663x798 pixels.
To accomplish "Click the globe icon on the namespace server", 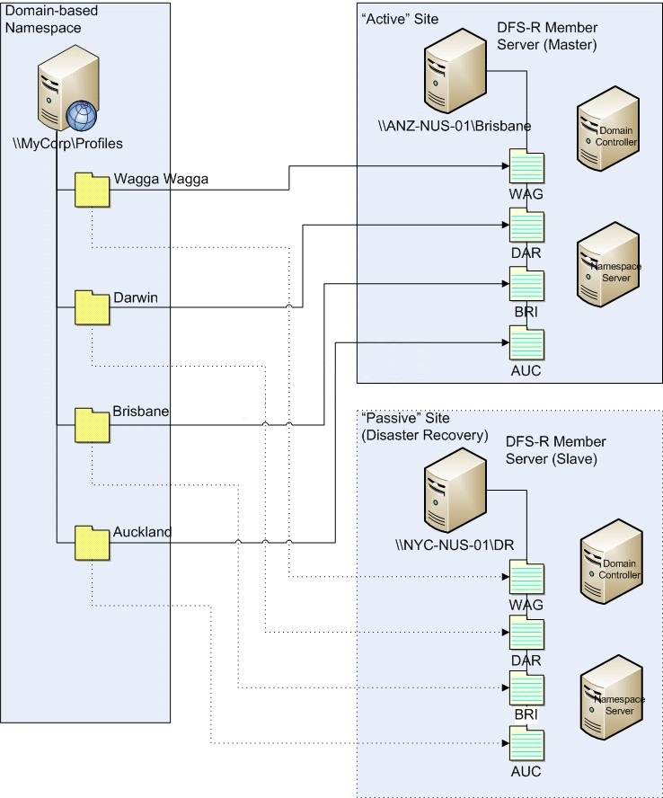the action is (x=82, y=116).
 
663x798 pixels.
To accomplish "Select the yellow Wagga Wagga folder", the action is (x=93, y=191).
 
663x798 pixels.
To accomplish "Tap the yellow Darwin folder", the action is (x=93, y=308).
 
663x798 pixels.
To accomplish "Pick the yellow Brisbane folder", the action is (x=93, y=425).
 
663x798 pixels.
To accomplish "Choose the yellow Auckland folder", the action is (x=93, y=543).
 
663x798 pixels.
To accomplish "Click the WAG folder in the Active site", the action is (x=526, y=166).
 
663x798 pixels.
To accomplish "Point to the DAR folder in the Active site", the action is (x=526, y=225).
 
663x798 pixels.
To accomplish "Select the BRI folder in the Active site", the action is (x=526, y=284).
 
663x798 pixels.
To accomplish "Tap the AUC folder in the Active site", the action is (x=526, y=343).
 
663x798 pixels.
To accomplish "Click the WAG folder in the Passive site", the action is (x=526, y=577).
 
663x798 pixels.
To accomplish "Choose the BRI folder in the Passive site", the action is (x=526, y=687).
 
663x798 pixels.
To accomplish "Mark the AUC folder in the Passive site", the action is (x=526, y=743).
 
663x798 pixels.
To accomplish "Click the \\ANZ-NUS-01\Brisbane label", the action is (x=455, y=126).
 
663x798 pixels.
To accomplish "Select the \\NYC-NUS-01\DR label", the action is (x=455, y=545).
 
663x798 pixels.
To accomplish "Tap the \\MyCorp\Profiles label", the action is (x=67, y=144).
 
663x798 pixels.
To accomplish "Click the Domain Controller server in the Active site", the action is (x=608, y=128).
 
